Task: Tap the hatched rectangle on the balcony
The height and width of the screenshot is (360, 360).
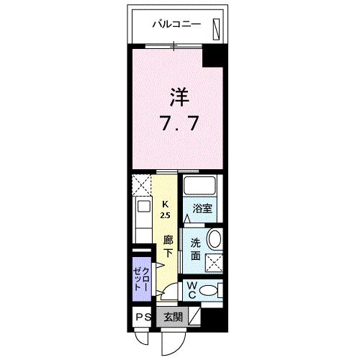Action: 216,27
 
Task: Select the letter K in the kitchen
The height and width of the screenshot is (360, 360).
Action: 165,204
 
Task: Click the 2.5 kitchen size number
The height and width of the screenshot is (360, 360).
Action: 165,215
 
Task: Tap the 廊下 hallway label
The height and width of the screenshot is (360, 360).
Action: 167,246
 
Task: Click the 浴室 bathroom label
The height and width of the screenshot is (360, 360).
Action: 202,210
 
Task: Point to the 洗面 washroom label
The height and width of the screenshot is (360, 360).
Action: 195,248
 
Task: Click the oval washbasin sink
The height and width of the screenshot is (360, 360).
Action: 214,240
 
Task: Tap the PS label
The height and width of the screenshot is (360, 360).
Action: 142,317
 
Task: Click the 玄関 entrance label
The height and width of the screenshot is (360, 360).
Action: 172,317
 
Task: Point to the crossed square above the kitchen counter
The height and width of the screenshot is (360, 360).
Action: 141,185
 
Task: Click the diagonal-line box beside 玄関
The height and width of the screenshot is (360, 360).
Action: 193,317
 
